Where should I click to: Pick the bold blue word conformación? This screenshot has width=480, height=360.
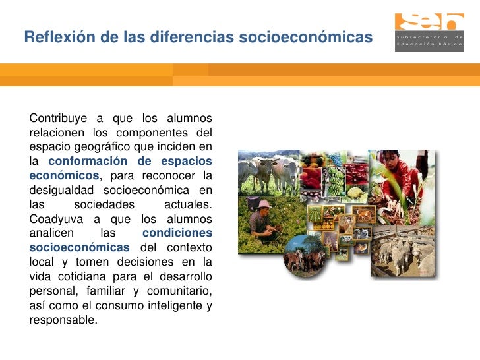click(88, 161)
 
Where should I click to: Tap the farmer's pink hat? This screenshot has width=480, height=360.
click(264, 204)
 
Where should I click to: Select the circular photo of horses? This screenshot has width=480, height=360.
click(305, 254)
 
